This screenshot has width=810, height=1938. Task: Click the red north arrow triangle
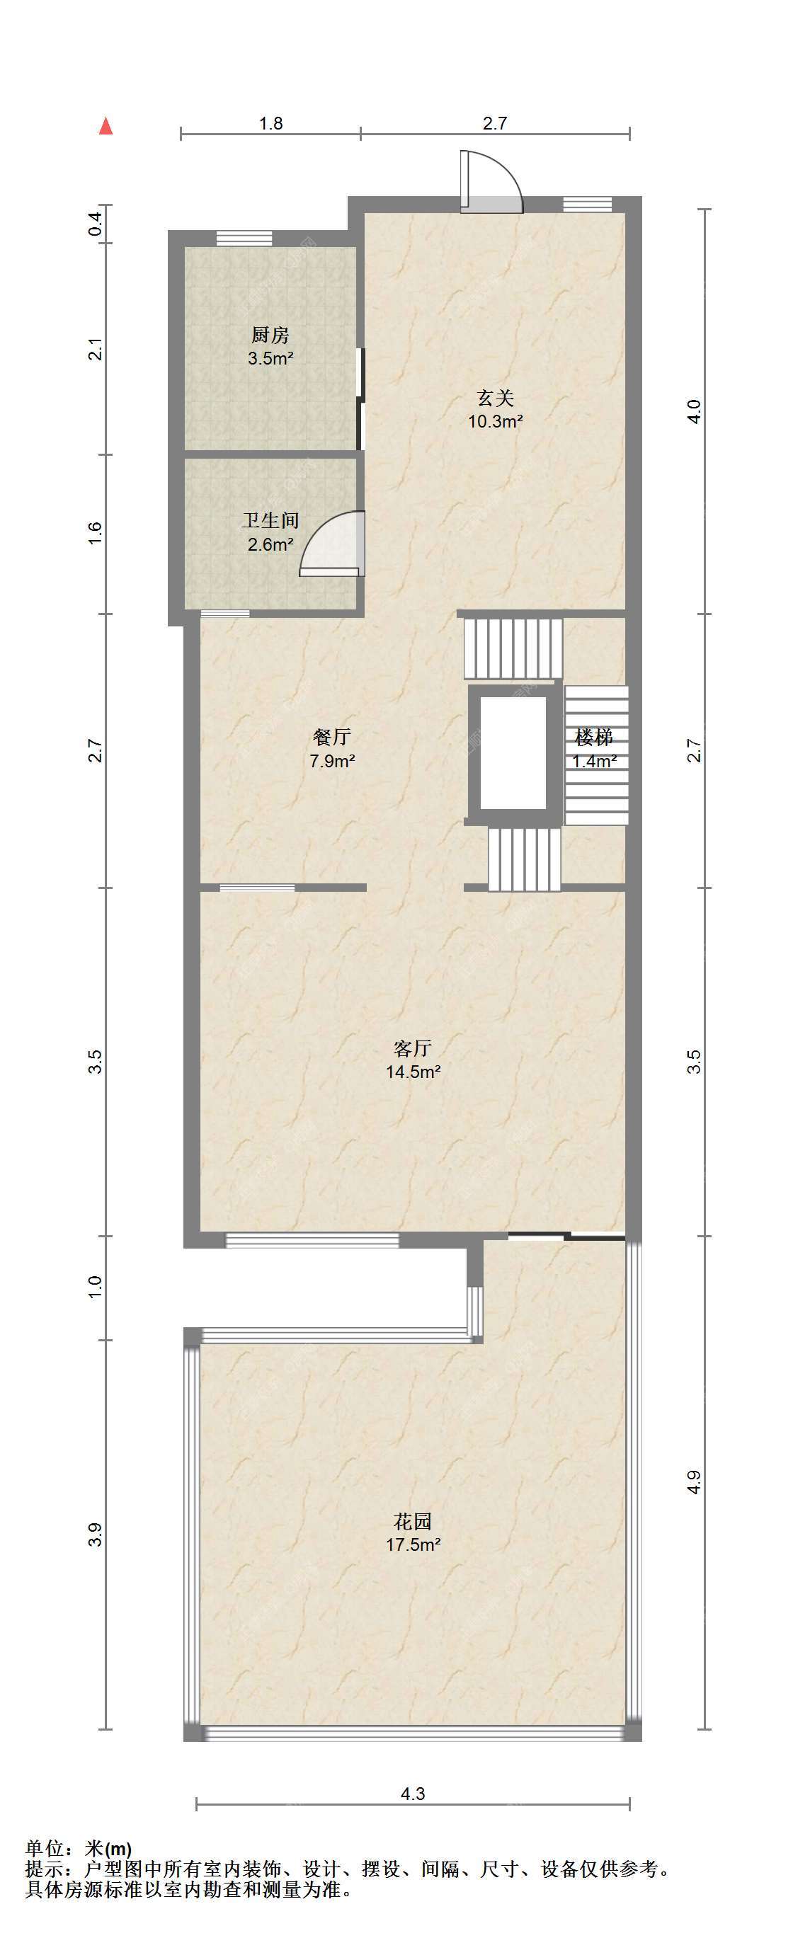106,127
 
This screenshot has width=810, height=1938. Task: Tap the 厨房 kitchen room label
270,335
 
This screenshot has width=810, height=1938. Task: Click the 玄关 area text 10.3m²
496,421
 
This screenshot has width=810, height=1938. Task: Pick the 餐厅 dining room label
332,737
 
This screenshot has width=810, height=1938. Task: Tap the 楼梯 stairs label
594,737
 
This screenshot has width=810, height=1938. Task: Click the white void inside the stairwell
513,753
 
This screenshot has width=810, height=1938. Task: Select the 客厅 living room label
413,1048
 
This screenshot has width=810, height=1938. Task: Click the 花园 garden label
413,1521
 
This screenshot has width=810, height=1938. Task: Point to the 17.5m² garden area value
413,1545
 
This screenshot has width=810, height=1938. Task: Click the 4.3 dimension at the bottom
413,1794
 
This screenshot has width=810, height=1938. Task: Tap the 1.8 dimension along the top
271,123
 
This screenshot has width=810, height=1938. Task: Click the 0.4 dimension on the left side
95,224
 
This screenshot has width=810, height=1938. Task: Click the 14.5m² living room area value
413,1072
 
